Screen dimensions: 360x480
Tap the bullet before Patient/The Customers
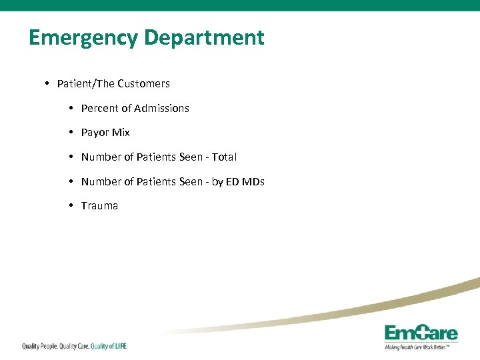click(47, 83)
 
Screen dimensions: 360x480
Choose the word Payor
click(95, 133)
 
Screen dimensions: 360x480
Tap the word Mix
click(121, 133)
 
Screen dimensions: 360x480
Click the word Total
click(224, 157)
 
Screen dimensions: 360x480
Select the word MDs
click(253, 181)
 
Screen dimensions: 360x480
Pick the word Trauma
click(99, 206)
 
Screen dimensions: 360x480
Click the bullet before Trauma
click(71, 205)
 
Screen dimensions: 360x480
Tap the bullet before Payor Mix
click(71, 132)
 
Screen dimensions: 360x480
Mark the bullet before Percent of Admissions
click(71, 107)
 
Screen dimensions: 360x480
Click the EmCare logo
click(421, 333)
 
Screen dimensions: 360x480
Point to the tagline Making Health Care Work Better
click(421, 347)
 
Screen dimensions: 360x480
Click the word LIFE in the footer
click(119, 346)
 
